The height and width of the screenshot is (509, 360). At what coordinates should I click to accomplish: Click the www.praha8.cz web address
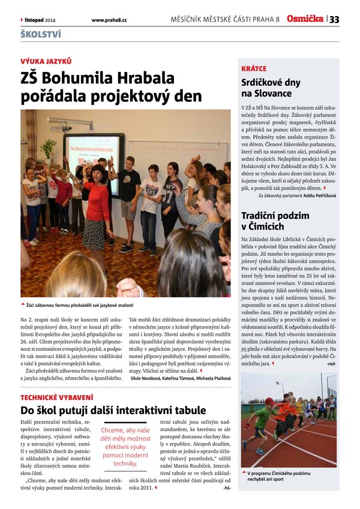point(109,20)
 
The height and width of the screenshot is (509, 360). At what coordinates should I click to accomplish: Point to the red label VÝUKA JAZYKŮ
point(46,61)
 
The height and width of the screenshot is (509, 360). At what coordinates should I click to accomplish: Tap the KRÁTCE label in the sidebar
point(254,68)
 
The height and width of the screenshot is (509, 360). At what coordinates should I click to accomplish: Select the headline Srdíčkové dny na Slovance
point(266,87)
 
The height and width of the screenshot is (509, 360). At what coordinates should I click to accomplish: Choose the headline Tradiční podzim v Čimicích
point(275,220)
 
